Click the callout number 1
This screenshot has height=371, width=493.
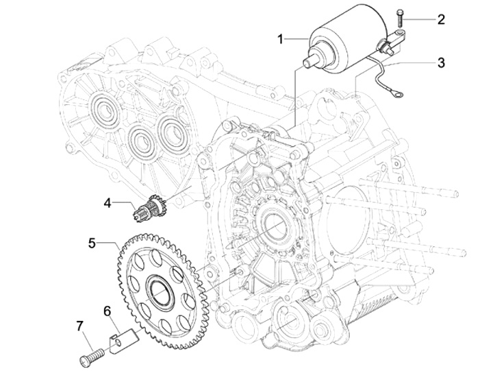[281, 40]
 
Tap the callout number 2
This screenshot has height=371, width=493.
[441, 20]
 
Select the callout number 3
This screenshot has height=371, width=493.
[442, 62]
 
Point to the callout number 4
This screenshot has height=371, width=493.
[108, 203]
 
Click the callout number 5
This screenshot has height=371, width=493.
[92, 243]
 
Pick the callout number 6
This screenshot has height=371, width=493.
[108, 311]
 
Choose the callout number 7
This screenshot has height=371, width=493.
[80, 326]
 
